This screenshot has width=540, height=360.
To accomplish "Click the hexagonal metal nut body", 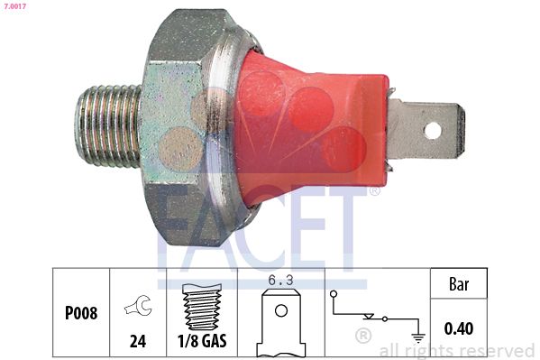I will click(x=180, y=126).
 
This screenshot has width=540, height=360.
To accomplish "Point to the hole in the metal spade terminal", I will click(x=433, y=130).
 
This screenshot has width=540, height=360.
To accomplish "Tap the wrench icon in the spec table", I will click(x=138, y=308).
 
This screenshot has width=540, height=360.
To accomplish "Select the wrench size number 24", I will click(x=139, y=343).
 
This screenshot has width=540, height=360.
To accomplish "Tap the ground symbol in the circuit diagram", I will click(x=417, y=338).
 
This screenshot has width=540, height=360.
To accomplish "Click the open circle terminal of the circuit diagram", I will click(x=334, y=294).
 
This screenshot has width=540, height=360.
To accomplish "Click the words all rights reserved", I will click(x=457, y=350).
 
